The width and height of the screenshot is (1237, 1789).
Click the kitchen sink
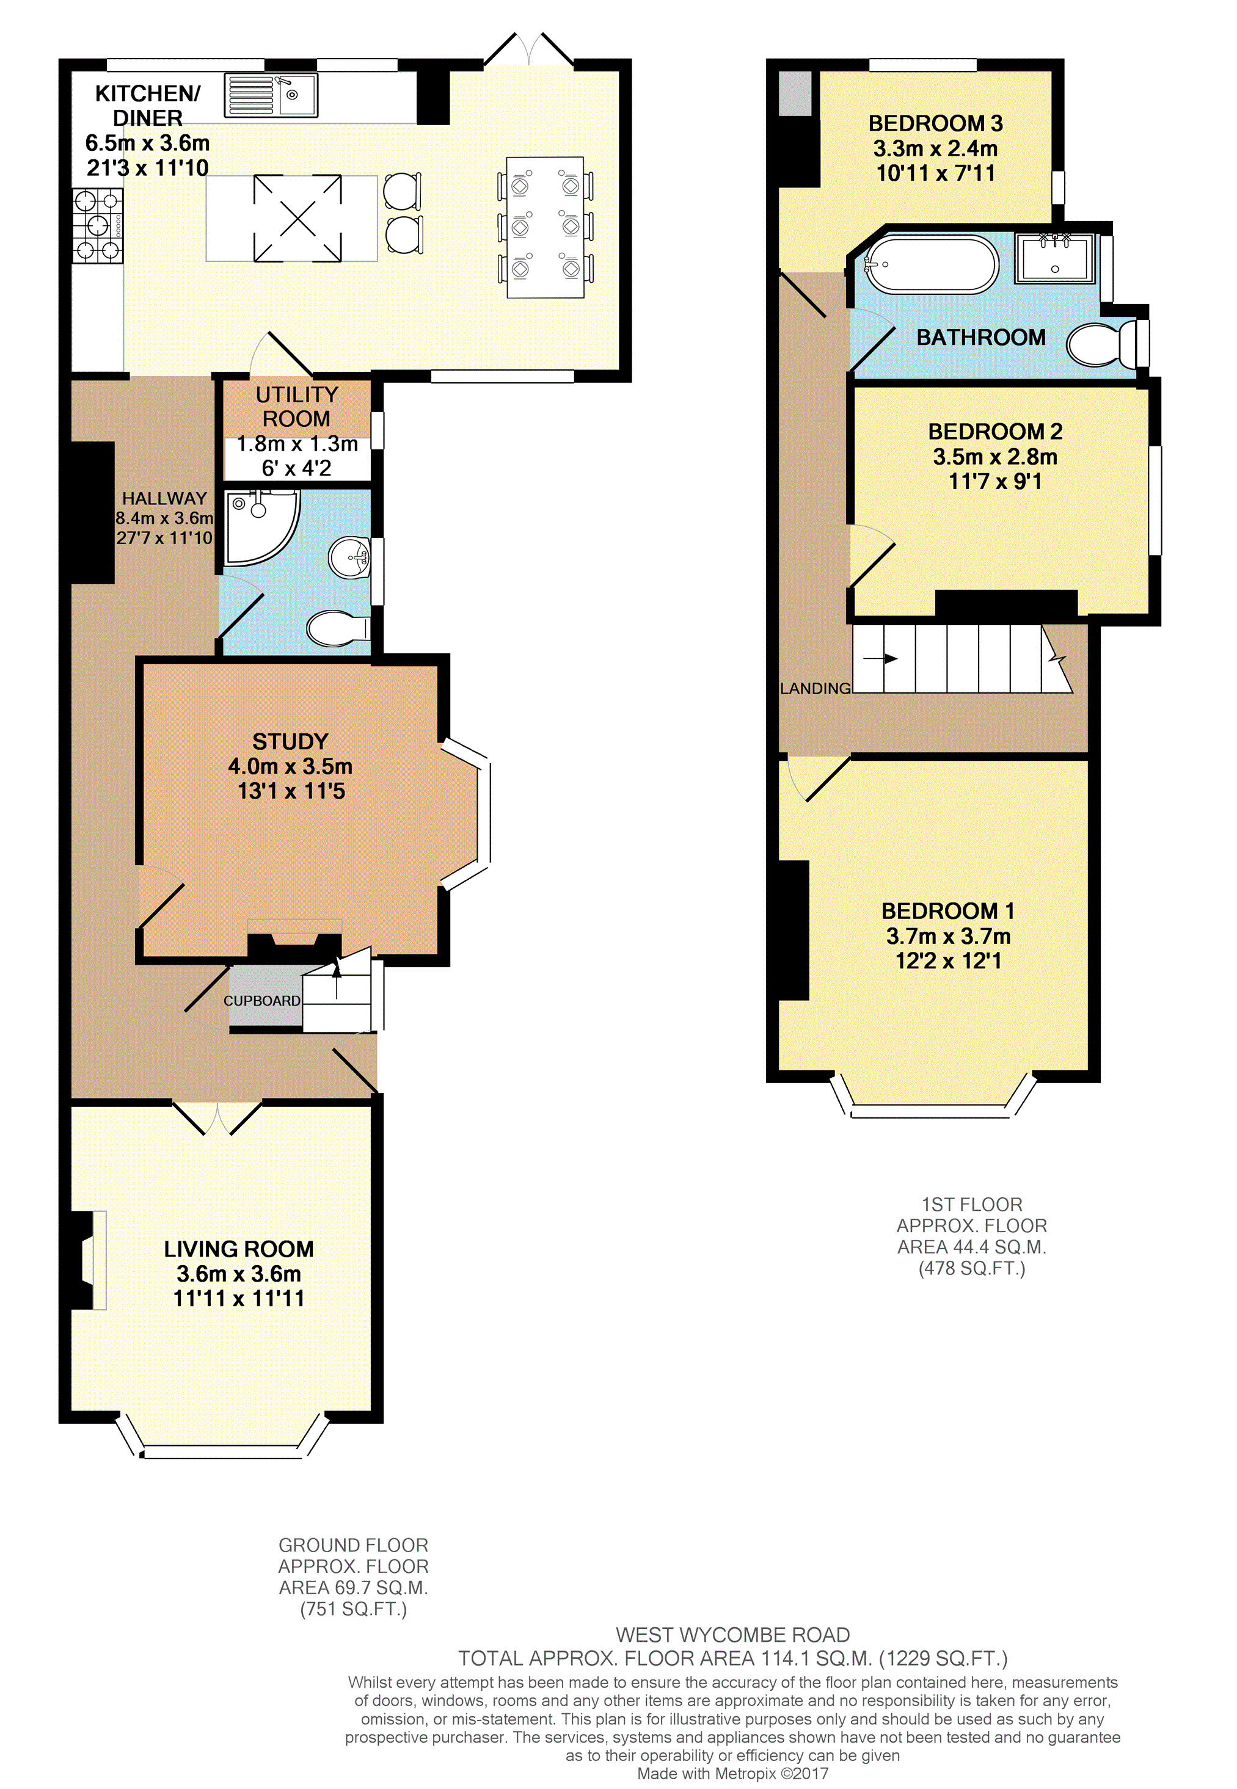tap(271, 96)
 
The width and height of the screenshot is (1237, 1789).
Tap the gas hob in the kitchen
tap(98, 227)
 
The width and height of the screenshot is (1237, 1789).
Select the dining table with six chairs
tap(545, 227)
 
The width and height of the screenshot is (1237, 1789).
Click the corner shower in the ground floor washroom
tap(261, 526)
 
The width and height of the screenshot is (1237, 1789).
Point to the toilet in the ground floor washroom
tap(338, 628)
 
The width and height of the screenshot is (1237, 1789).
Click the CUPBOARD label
tap(262, 1001)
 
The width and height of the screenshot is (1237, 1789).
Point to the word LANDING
tap(816, 688)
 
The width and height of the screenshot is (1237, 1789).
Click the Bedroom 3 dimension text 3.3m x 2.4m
tap(935, 148)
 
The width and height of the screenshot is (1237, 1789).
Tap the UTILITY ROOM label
tap(297, 407)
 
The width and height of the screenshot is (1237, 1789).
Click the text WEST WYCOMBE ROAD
tap(732, 1635)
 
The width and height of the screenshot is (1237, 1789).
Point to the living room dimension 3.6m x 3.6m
tap(239, 1274)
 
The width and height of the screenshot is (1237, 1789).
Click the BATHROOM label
tap(981, 337)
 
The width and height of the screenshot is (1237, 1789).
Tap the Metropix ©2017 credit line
tap(732, 1774)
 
